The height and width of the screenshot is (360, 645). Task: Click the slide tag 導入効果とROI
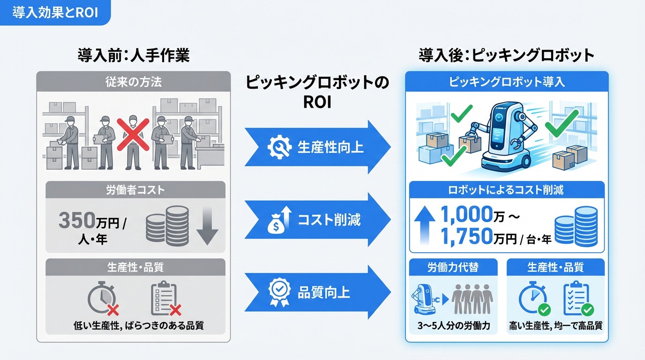[x=55, y=12]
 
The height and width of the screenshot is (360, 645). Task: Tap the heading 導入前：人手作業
[x=134, y=56]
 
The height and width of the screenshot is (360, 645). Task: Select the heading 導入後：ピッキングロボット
[x=506, y=56]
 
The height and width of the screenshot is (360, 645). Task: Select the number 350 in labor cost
[x=77, y=221]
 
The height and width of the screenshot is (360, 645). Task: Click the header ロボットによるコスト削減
[x=507, y=190]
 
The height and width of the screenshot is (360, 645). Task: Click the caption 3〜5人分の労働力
[x=453, y=325]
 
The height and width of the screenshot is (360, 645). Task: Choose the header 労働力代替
[x=453, y=267]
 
